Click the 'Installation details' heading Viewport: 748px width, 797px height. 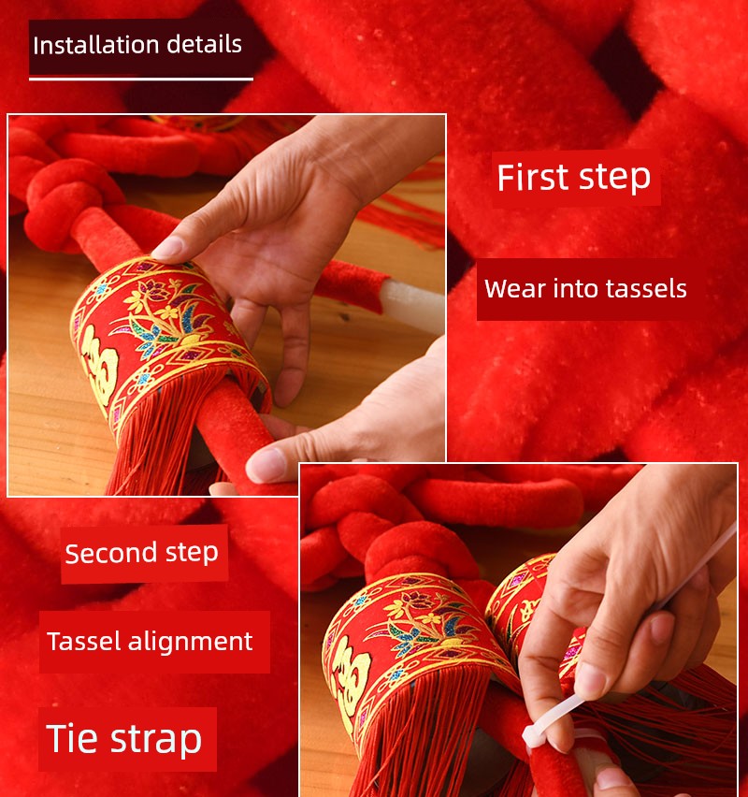click(x=137, y=45)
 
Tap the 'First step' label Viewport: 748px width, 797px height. click(x=574, y=178)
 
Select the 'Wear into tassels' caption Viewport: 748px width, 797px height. click(x=585, y=289)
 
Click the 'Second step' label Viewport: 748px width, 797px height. click(x=142, y=553)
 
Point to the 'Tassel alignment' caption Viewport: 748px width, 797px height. click(x=150, y=641)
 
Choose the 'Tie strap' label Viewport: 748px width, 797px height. click(x=124, y=739)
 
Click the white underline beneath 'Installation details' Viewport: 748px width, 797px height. click(x=141, y=79)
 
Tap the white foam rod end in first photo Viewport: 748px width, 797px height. click(x=412, y=304)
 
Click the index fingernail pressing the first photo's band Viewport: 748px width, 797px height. click(x=167, y=248)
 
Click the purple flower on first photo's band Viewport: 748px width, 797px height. click(x=155, y=290)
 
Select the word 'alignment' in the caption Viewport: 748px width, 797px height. click(x=190, y=642)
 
